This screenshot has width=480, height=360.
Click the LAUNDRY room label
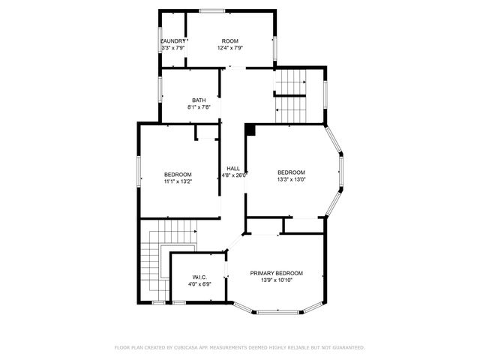pos(173,40)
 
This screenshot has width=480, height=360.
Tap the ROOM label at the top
pos(229,40)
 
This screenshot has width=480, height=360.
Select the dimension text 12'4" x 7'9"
pos(229,48)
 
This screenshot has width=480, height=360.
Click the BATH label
pos(199,100)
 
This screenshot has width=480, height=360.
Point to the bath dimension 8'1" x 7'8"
pos(199,108)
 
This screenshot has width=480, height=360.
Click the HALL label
pos(233,168)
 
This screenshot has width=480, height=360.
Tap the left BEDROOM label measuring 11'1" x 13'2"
pos(178,174)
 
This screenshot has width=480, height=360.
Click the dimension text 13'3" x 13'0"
pos(291,179)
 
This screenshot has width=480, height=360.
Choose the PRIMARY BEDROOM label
pos(277,273)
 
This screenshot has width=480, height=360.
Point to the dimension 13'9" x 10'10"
pos(277,280)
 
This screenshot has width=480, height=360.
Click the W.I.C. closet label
pos(199,277)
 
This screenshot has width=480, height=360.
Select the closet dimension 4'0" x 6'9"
pos(199,284)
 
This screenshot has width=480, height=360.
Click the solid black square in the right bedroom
pos(250,130)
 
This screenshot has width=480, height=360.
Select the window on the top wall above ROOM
pos(211,10)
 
